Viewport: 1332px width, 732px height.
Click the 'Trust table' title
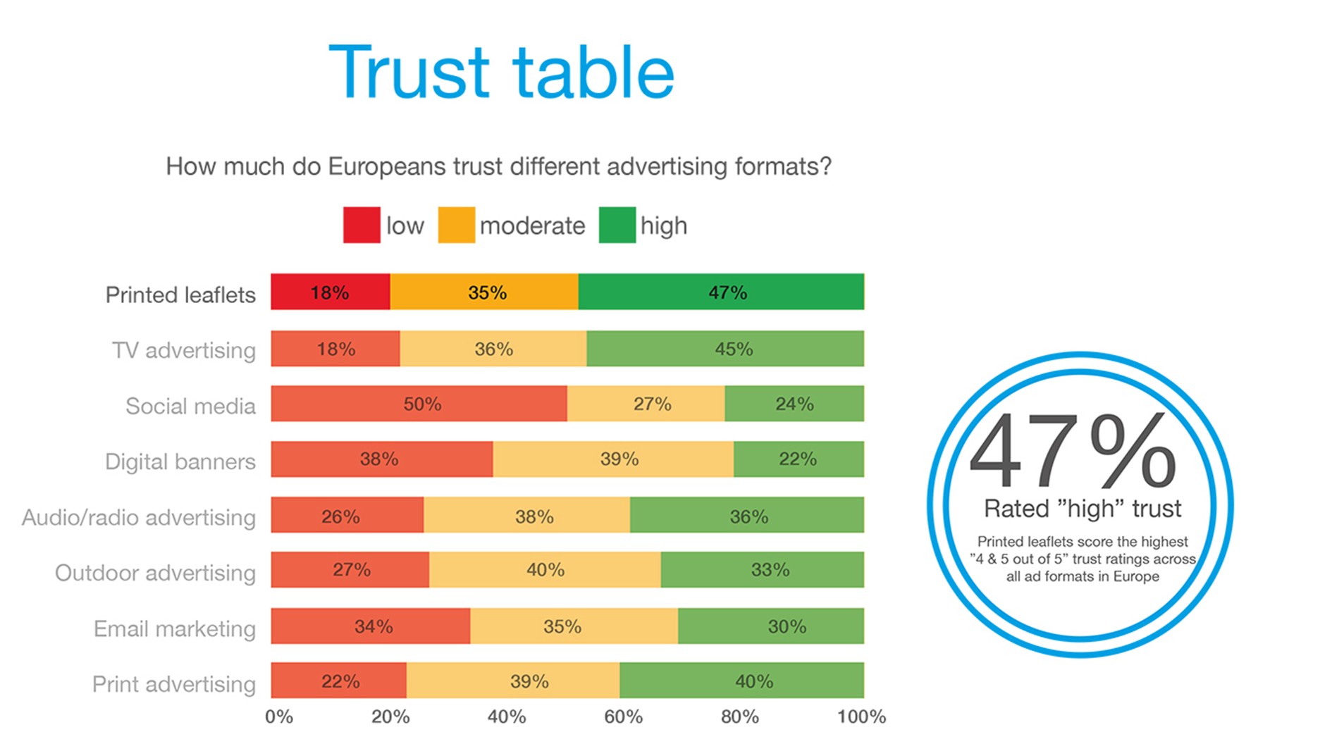[501, 72]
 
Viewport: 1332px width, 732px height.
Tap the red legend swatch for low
[362, 225]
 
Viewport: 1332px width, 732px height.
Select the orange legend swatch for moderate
[456, 225]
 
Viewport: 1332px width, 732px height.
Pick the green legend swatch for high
[617, 225]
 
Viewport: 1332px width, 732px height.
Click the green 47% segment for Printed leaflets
[721, 292]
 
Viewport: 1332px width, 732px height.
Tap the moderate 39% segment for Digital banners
[613, 459]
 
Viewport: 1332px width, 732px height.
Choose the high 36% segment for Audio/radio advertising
[747, 515]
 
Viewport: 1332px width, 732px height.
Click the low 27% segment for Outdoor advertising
[350, 570]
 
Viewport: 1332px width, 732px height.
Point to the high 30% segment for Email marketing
[771, 626]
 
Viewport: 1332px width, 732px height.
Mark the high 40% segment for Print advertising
[741, 681]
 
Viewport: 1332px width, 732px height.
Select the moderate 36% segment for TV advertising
[493, 349]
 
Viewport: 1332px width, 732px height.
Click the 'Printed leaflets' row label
[180, 294]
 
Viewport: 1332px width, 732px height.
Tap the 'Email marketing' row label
[175, 628]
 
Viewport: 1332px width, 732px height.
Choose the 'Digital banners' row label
[180, 461]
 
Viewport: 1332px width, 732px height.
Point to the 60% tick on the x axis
[623, 717]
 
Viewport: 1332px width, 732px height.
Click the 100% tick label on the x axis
[861, 717]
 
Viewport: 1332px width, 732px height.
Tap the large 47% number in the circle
[1072, 451]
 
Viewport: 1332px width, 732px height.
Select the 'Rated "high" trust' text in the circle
[1082, 509]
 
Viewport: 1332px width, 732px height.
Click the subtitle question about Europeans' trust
[498, 167]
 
